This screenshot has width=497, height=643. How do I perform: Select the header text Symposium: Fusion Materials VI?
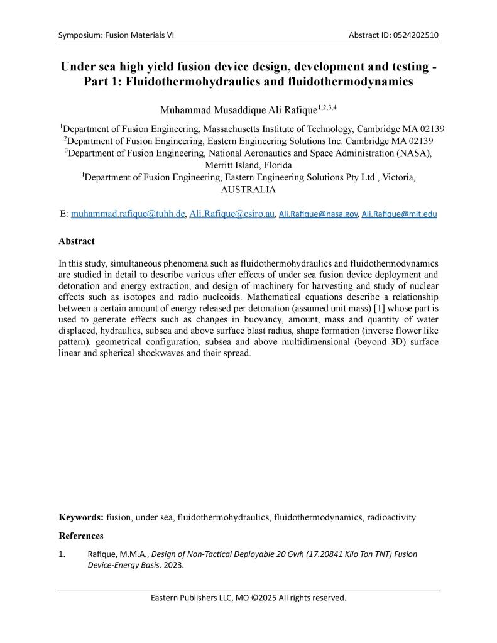116,35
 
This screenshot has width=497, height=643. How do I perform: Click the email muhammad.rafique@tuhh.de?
128,214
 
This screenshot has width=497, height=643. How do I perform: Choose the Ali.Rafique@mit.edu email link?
399,214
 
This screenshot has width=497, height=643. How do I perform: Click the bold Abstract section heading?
77,241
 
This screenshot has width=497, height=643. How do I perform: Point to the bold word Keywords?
81,517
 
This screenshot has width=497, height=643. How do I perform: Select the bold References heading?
81,536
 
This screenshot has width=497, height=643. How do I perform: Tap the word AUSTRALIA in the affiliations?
248,189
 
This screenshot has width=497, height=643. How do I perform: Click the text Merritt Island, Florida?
248,165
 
